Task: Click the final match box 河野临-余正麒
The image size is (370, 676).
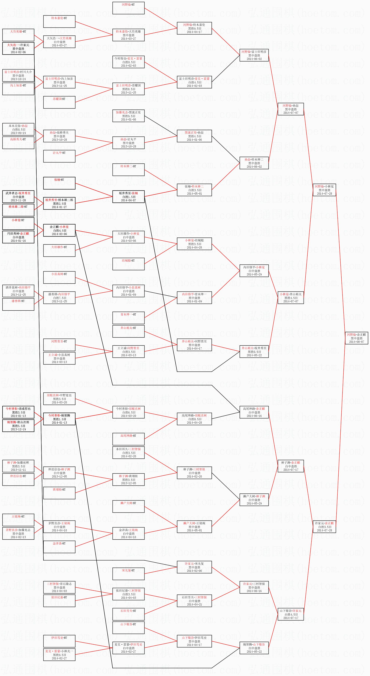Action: (x=356, y=338)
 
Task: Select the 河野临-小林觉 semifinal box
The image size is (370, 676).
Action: (x=324, y=190)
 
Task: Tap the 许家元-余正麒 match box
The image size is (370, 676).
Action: (x=324, y=527)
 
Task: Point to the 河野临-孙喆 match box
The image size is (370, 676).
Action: (x=291, y=109)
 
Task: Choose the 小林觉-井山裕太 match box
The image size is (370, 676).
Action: (x=291, y=298)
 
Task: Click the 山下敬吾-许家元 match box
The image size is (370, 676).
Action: (x=291, y=614)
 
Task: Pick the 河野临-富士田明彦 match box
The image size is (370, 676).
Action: (x=254, y=55)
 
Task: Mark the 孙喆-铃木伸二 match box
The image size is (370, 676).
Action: (x=254, y=163)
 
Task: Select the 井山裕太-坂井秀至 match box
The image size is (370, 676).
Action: (x=254, y=351)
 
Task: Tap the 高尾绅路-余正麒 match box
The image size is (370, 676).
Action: (x=254, y=412)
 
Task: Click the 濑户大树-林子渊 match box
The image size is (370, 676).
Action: (x=254, y=500)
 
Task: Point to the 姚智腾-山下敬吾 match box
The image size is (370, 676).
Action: (x=254, y=648)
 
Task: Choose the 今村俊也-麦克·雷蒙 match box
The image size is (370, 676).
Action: (x=128, y=62)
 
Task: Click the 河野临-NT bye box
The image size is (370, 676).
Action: (x=128, y=8)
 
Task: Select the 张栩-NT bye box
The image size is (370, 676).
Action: (x=59, y=183)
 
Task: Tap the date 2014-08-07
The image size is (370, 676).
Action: (x=356, y=342)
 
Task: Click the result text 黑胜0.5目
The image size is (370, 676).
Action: (x=254, y=352)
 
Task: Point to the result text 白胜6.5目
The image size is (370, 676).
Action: (x=128, y=412)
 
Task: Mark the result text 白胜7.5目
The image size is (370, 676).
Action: (x=59, y=298)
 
